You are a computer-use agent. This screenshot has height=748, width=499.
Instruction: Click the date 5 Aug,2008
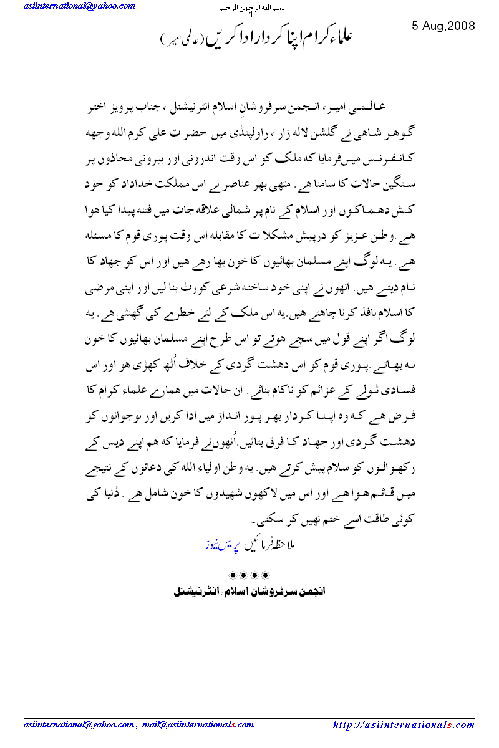[x=443, y=26]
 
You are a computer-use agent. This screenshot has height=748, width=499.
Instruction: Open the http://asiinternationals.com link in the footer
[x=404, y=725]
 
